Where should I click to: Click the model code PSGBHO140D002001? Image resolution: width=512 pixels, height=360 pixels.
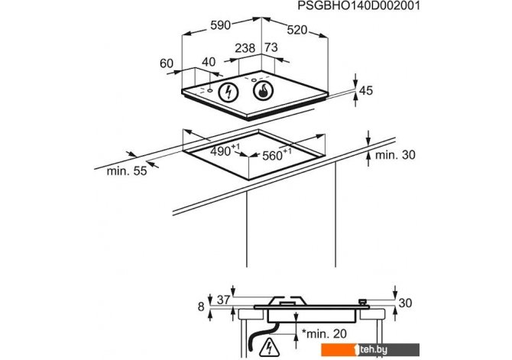click(358, 6)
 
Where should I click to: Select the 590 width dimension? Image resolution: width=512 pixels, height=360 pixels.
click(220, 25)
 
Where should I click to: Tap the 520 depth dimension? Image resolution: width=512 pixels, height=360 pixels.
click(297, 30)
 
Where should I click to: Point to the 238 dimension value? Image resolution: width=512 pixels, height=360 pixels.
click(245, 48)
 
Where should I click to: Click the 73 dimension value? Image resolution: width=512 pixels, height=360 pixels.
click(271, 47)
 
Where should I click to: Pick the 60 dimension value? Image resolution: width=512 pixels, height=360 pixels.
click(166, 63)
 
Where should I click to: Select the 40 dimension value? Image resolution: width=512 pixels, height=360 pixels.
click(209, 62)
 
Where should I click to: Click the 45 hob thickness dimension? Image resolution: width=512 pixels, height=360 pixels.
click(366, 90)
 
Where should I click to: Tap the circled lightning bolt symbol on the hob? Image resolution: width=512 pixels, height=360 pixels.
click(228, 92)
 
